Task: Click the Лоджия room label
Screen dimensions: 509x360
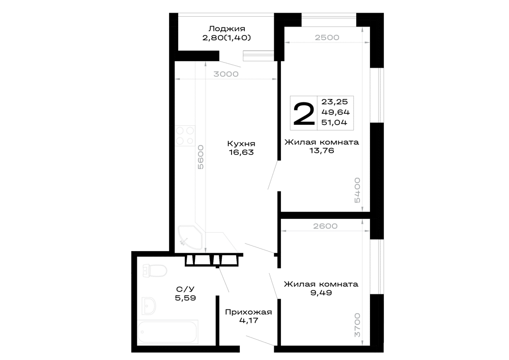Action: [227, 29]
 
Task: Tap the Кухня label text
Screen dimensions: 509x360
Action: [241, 144]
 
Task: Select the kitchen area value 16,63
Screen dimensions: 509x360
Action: [241, 152]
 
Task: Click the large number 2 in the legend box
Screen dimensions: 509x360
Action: [304, 113]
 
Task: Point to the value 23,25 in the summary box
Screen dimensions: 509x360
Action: [334, 102]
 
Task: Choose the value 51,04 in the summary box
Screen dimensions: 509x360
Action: [334, 122]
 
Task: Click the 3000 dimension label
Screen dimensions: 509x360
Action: [226, 74]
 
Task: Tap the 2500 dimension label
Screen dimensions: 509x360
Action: [327, 37]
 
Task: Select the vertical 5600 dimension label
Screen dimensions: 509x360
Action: [201, 157]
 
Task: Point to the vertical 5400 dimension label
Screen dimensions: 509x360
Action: [357, 190]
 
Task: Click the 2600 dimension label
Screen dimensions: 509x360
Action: [325, 226]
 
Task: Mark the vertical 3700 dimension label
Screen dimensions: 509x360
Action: [357, 325]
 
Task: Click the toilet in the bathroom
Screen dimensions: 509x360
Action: [155, 271]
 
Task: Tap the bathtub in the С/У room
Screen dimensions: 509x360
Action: [167, 332]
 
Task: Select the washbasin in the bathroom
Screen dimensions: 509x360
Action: [149, 306]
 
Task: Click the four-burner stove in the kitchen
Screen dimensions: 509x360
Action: [185, 135]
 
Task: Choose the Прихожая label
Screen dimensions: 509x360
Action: [248, 312]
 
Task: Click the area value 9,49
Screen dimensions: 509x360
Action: [321, 293]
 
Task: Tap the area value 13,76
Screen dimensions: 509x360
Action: [322, 151]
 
